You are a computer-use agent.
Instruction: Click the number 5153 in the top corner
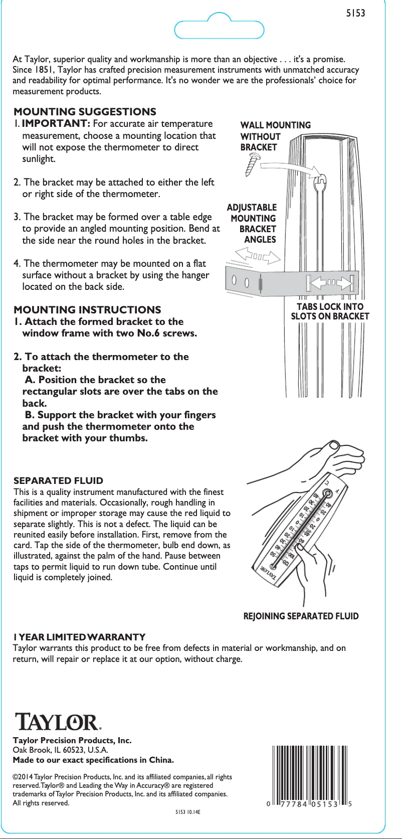coord(355,14)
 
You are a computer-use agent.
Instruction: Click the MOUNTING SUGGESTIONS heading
coord(85,112)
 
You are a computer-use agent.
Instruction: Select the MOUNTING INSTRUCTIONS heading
coord(87,309)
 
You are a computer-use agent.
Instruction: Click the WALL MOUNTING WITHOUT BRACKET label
coord(275,136)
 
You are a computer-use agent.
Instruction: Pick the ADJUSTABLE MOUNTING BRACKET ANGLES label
coord(252,223)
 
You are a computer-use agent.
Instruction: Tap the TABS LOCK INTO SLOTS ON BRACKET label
coord(330,311)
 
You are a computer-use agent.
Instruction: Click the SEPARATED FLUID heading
coord(58,480)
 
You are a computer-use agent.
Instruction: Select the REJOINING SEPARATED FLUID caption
coord(301,616)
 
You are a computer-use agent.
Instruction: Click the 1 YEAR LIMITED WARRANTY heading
coord(79,637)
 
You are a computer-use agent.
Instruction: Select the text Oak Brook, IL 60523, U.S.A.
coord(60,750)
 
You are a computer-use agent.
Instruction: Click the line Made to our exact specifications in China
coord(93,760)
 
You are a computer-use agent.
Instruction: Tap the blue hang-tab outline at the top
coord(219,28)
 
